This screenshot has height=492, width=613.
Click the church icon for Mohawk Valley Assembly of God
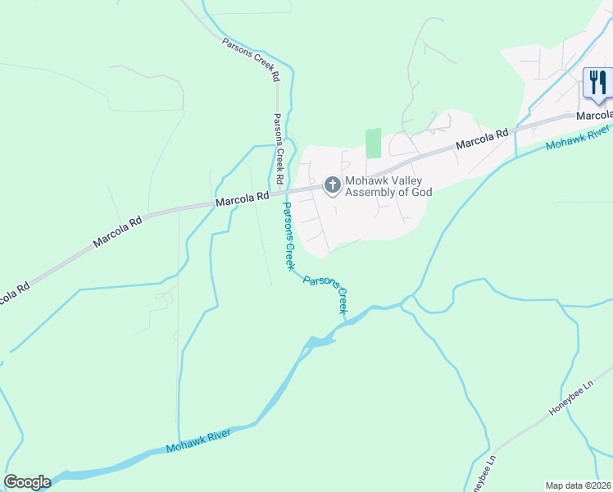coord(333,185)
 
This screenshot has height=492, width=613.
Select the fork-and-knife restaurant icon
coord(597,84)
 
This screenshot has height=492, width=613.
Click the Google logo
coord(27,482)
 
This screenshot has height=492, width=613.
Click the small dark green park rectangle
coord(374,143)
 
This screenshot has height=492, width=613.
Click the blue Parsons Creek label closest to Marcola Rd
coord(288,235)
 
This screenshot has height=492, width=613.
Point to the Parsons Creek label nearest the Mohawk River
coord(326,294)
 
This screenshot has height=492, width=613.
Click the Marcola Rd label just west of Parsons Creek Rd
coord(243,198)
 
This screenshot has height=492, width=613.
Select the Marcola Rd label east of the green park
coord(482,137)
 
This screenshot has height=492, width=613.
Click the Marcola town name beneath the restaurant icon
coord(593,116)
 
